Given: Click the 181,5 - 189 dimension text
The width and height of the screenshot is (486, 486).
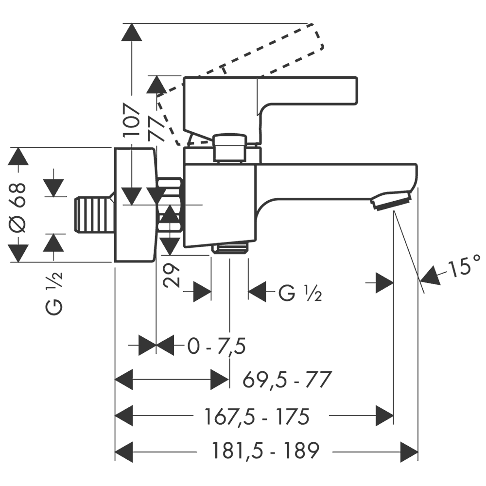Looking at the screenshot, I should [265, 451].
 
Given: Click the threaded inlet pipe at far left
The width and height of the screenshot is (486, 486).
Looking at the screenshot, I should [94, 214].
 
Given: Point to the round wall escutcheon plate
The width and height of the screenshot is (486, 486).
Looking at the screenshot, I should [135, 204].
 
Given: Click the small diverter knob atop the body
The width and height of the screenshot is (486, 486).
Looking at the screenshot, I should [230, 147].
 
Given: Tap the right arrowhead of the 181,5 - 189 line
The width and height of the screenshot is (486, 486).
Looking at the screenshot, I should [409, 451].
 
